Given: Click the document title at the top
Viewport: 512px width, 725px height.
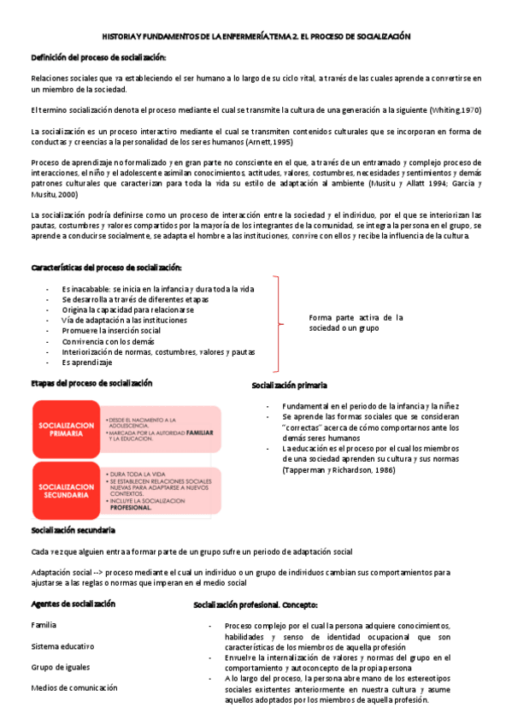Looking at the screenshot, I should click(256, 38).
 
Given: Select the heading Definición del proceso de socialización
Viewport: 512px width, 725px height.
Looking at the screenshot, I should click(98, 57).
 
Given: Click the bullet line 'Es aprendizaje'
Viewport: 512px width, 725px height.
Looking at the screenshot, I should click(86, 362).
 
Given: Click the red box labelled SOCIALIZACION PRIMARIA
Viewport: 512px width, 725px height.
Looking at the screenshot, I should click(66, 428).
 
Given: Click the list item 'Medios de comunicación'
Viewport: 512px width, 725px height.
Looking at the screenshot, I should click(74, 687).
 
